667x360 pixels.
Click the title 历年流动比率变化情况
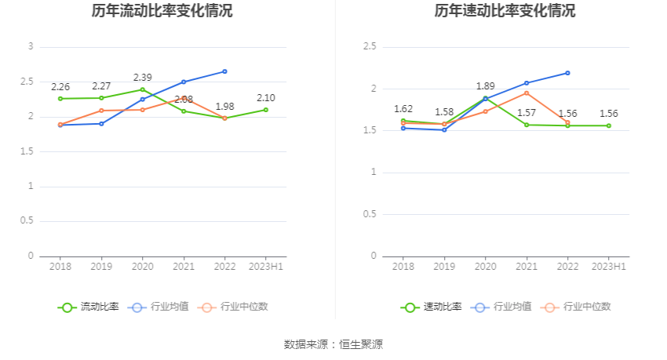162,11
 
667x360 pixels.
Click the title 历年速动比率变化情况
505,11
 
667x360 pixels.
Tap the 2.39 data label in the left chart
142,78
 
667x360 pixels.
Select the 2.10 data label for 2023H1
266,98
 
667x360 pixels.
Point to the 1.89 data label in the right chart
486,86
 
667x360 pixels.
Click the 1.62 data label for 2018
403,109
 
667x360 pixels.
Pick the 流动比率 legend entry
89,307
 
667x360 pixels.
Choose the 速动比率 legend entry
432,307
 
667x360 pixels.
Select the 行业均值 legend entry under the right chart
501,307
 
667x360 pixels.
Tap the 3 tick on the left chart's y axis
31,47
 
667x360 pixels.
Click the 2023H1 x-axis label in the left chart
265,267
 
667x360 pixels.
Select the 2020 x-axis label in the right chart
486,267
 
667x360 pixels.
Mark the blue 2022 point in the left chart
224,71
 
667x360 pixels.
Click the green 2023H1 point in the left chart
266,110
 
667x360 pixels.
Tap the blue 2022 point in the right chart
567,73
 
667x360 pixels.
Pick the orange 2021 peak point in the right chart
527,93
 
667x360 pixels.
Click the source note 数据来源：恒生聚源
333,344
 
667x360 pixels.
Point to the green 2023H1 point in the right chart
609,125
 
